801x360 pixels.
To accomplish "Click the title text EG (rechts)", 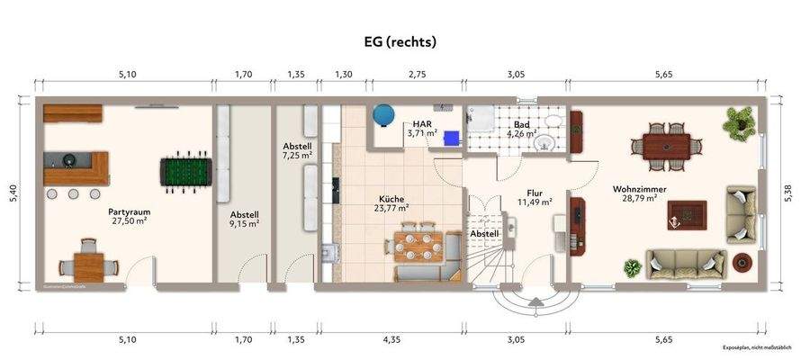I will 400,40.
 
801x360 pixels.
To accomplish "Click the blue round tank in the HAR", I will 385,114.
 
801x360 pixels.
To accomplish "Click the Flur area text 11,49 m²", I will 534,202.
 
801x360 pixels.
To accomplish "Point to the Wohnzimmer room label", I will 637,190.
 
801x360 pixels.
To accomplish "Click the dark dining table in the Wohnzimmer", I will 667,145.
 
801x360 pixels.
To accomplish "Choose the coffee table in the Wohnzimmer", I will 687,214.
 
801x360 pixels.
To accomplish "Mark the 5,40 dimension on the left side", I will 13,194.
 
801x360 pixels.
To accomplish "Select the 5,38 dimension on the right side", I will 787,194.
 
